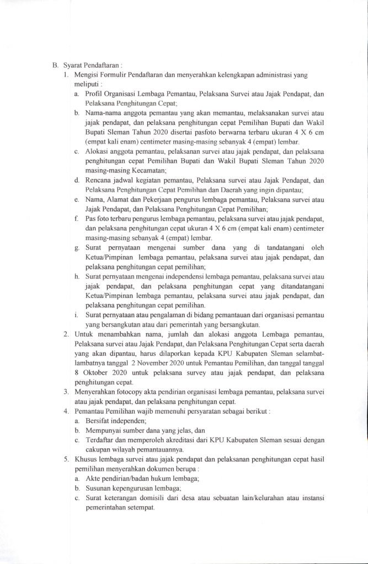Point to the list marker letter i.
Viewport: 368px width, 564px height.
(x=77, y=316)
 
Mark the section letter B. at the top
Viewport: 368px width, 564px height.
(x=55, y=64)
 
